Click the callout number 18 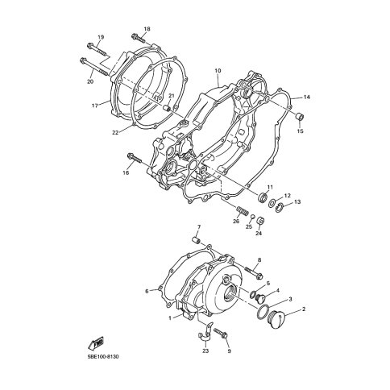(147, 29)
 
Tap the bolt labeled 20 (93, 66)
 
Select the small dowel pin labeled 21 (167, 108)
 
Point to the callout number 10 (218, 71)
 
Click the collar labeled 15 (300, 118)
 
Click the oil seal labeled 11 (263, 197)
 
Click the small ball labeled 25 (252, 217)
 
